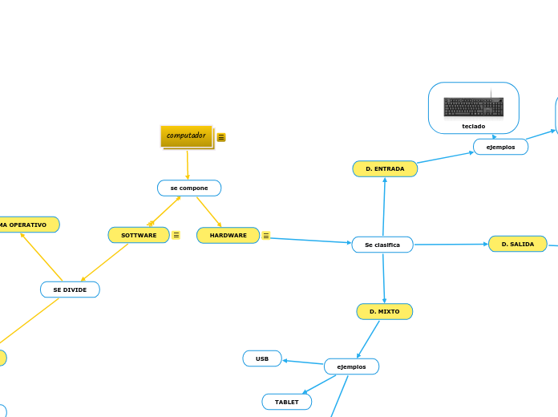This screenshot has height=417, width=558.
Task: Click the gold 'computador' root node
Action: pyautogui.click(x=186, y=136)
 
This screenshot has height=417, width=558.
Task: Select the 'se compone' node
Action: pyautogui.click(x=189, y=188)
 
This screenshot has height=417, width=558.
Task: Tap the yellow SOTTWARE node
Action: pyautogui.click(x=139, y=235)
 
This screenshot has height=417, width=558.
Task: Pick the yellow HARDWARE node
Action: pyautogui.click(x=228, y=235)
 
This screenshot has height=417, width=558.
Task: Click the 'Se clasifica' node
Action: pyautogui.click(x=382, y=245)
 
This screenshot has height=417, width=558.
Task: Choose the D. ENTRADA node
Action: pyautogui.click(x=385, y=168)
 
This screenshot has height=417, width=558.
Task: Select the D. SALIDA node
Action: pyautogui.click(x=517, y=244)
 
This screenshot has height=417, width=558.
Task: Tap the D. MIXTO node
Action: pyautogui.click(x=385, y=311)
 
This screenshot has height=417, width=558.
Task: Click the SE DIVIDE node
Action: pyautogui.click(x=70, y=289)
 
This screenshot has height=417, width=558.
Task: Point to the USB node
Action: pyautogui.click(x=262, y=358)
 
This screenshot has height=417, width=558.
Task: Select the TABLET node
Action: pyautogui.click(x=286, y=402)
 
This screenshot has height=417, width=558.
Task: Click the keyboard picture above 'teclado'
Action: pyautogui.click(x=474, y=107)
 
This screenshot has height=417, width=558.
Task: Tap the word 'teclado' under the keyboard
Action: pyautogui.click(x=474, y=126)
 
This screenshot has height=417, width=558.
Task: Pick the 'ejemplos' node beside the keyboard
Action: pyautogui.click(x=500, y=147)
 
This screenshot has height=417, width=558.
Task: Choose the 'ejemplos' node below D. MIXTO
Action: pyautogui.click(x=351, y=366)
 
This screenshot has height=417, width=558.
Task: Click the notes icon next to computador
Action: pyautogui.click(x=221, y=137)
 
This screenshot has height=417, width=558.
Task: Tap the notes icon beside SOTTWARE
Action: pyautogui.click(x=176, y=235)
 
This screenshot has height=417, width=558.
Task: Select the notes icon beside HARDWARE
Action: pyautogui.click(x=266, y=235)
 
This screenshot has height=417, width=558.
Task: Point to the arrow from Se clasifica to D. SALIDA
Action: pyautogui.click(x=451, y=244)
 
